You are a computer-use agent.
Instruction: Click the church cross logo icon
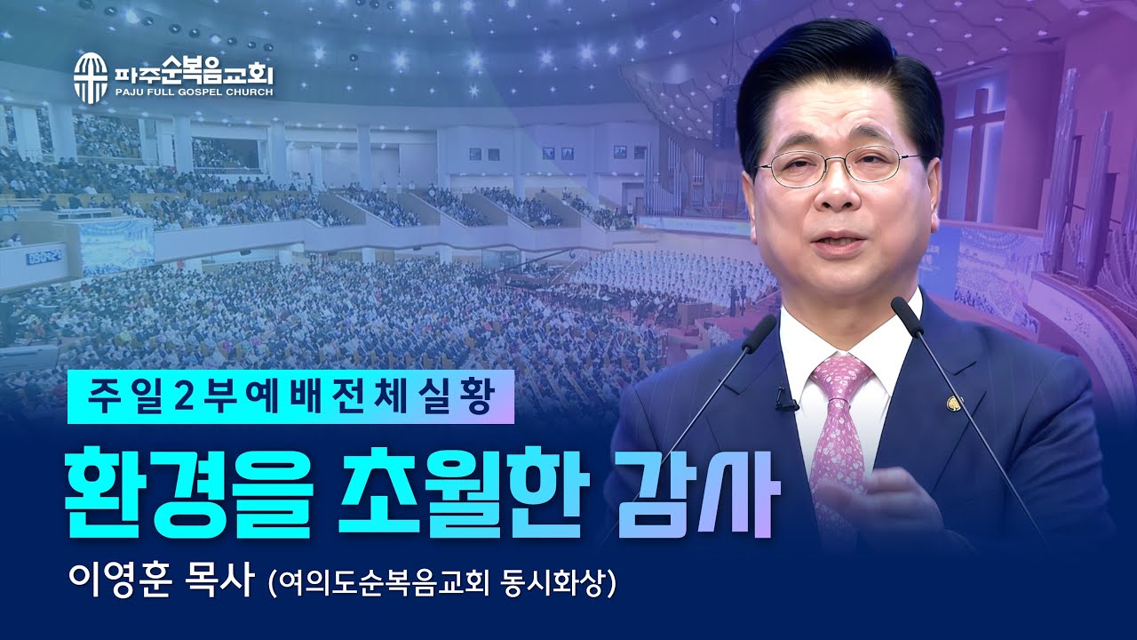tap(90, 76)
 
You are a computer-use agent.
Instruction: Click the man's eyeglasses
tap(839, 166)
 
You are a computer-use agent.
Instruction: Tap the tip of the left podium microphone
tap(764, 323)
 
